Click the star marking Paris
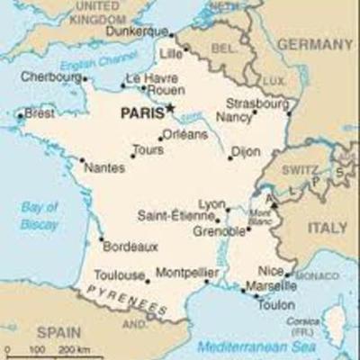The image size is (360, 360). [x=169, y=112]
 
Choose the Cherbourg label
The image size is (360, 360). [x=49, y=77]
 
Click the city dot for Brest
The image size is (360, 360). [x=21, y=114]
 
